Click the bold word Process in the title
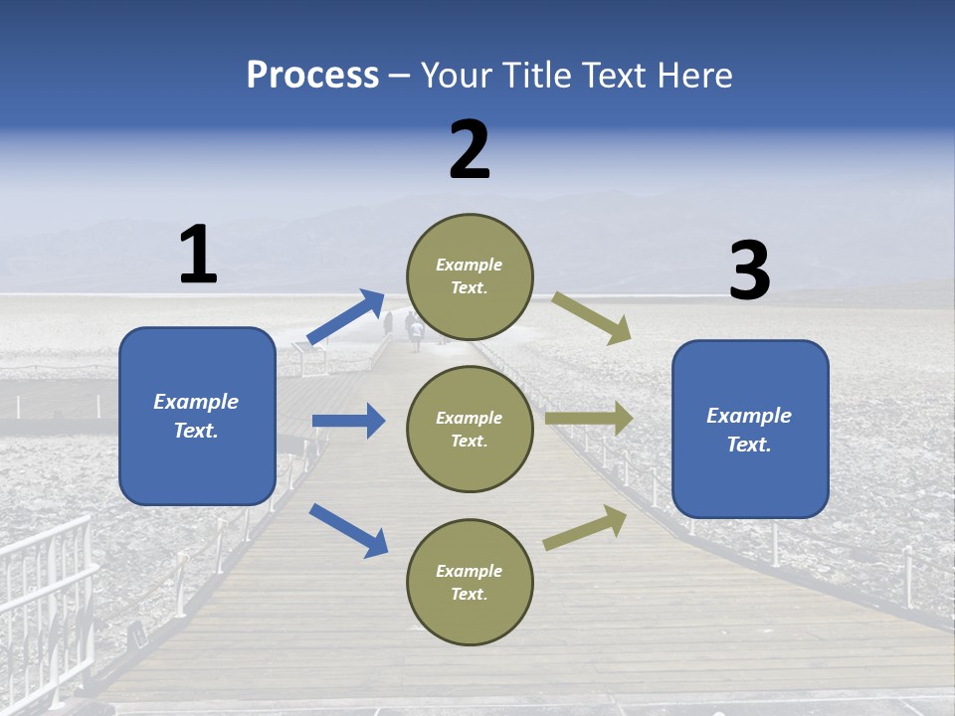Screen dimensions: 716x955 (x=312, y=75)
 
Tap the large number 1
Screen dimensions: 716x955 (x=198, y=255)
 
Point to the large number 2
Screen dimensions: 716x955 (x=470, y=149)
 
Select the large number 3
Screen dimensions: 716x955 (x=749, y=271)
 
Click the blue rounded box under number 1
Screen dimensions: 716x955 (x=197, y=416)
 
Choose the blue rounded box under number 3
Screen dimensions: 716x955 (x=750, y=430)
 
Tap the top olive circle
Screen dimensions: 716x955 (x=470, y=276)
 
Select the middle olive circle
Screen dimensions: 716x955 (x=470, y=429)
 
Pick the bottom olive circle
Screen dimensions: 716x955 (x=470, y=582)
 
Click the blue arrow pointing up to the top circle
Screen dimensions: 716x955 (x=346, y=317)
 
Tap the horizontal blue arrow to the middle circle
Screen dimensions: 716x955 (x=348, y=421)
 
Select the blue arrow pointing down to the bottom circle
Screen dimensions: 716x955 (x=348, y=529)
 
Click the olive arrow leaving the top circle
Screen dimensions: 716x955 (x=592, y=318)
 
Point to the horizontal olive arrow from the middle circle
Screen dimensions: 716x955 (x=589, y=418)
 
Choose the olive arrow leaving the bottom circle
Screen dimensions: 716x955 (x=585, y=527)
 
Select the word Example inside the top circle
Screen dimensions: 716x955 (x=470, y=265)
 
